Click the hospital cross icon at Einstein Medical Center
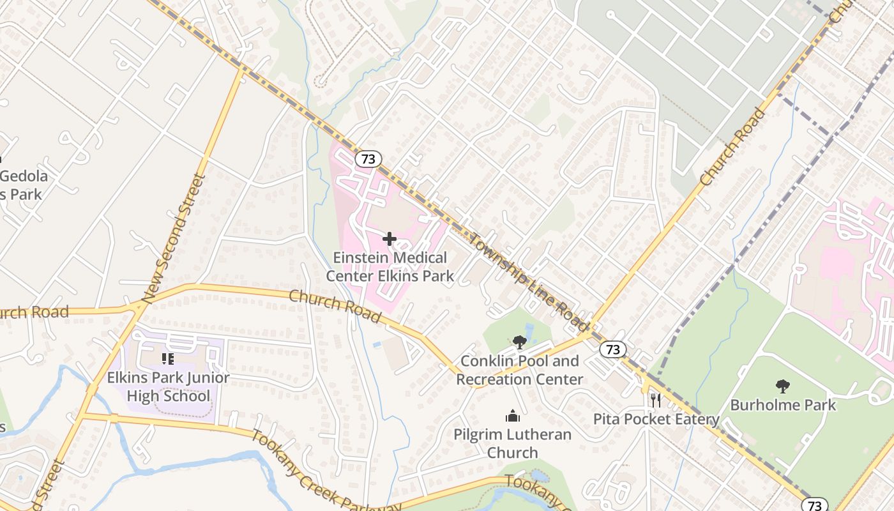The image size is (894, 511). [x=389, y=239]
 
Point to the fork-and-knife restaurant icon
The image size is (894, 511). [x=655, y=400]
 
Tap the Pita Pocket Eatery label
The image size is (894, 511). [x=656, y=420]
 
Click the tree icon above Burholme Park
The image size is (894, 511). [x=782, y=386]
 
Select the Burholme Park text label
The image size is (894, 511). [x=783, y=405]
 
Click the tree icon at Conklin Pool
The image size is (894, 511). [x=519, y=342]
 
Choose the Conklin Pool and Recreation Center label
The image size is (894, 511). [x=519, y=370]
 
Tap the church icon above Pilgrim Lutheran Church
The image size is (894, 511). [x=512, y=416]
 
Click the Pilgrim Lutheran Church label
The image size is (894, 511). [x=512, y=443]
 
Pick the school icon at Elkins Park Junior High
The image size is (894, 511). [x=168, y=359]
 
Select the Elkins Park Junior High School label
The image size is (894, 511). [x=168, y=386]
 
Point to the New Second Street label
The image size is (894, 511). [x=174, y=237]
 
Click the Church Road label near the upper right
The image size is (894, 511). [x=732, y=147]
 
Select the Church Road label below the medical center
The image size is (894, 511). [x=335, y=307]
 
